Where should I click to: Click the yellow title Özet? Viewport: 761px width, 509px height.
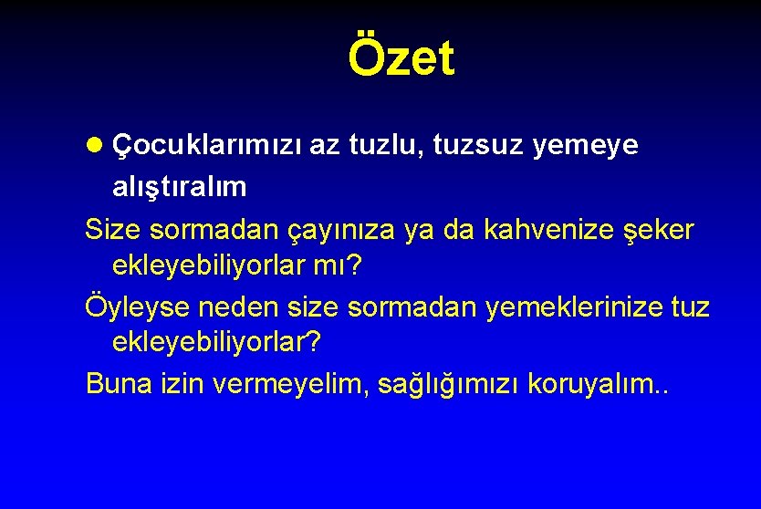[x=401, y=58]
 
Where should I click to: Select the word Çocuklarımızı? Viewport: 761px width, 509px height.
[x=206, y=147]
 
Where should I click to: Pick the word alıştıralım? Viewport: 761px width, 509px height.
[x=179, y=187]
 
